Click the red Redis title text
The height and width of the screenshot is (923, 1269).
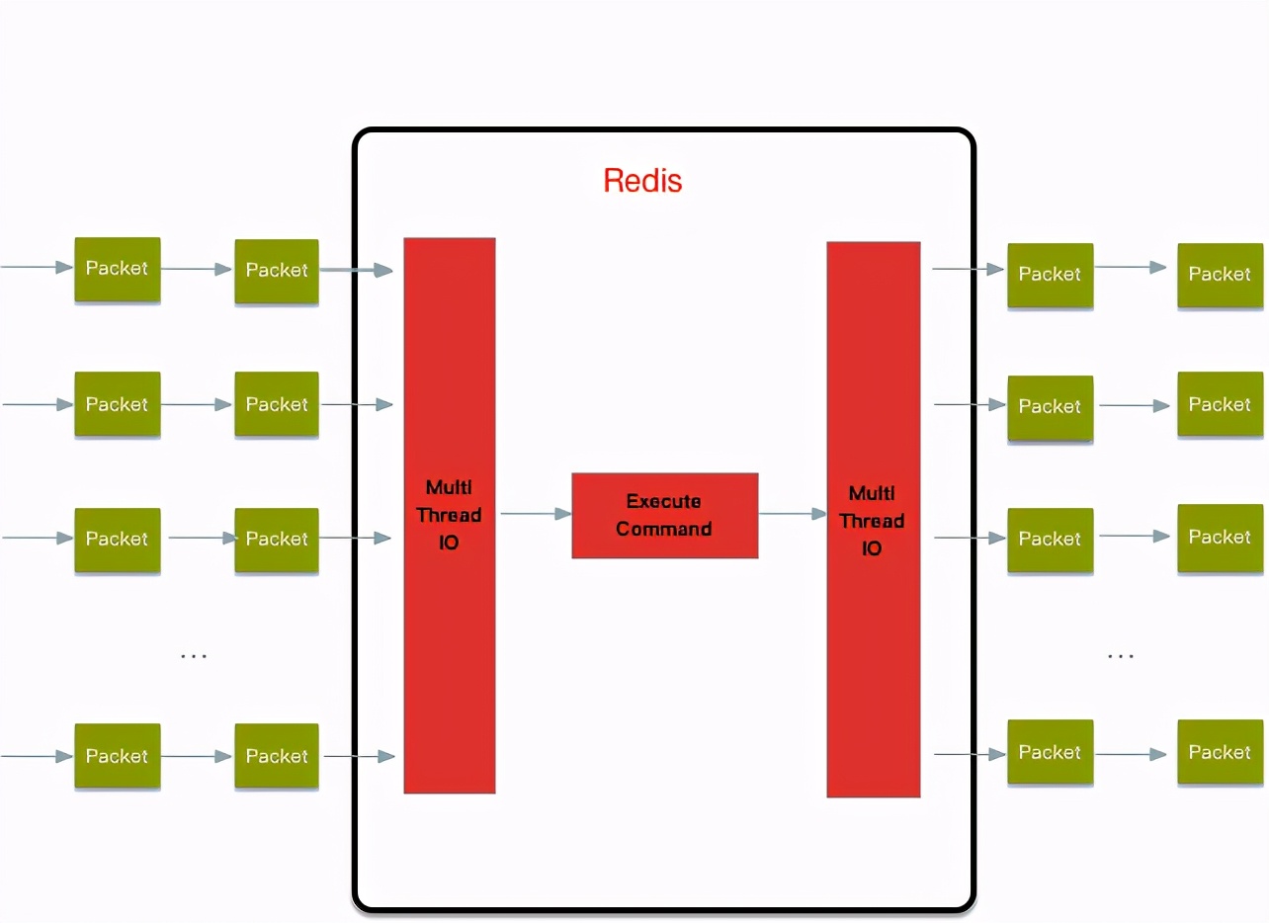(x=642, y=181)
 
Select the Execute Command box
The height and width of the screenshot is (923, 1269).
(x=664, y=516)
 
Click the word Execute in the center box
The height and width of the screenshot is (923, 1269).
(x=663, y=502)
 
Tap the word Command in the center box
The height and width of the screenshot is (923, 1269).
(x=663, y=530)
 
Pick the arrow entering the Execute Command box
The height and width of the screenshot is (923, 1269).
(x=536, y=514)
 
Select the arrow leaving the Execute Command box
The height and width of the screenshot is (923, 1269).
(x=792, y=514)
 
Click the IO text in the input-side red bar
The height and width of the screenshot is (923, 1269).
(x=449, y=544)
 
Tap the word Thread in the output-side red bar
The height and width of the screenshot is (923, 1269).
(x=872, y=521)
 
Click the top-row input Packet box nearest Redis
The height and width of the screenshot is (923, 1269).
(x=277, y=271)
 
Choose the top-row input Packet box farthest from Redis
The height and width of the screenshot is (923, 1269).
(x=117, y=269)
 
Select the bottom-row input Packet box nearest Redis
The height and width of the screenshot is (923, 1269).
(x=277, y=756)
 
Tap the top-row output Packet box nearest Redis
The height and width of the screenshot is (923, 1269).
(x=1050, y=275)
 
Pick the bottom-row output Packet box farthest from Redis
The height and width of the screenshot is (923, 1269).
(x=1220, y=753)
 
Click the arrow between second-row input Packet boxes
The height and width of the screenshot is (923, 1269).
(x=197, y=404)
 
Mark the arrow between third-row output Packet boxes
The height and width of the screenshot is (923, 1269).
(x=1135, y=537)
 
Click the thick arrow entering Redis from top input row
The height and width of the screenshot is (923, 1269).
(x=357, y=269)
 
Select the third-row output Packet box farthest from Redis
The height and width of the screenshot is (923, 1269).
(x=1220, y=538)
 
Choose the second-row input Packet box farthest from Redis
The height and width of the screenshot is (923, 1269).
(x=117, y=404)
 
